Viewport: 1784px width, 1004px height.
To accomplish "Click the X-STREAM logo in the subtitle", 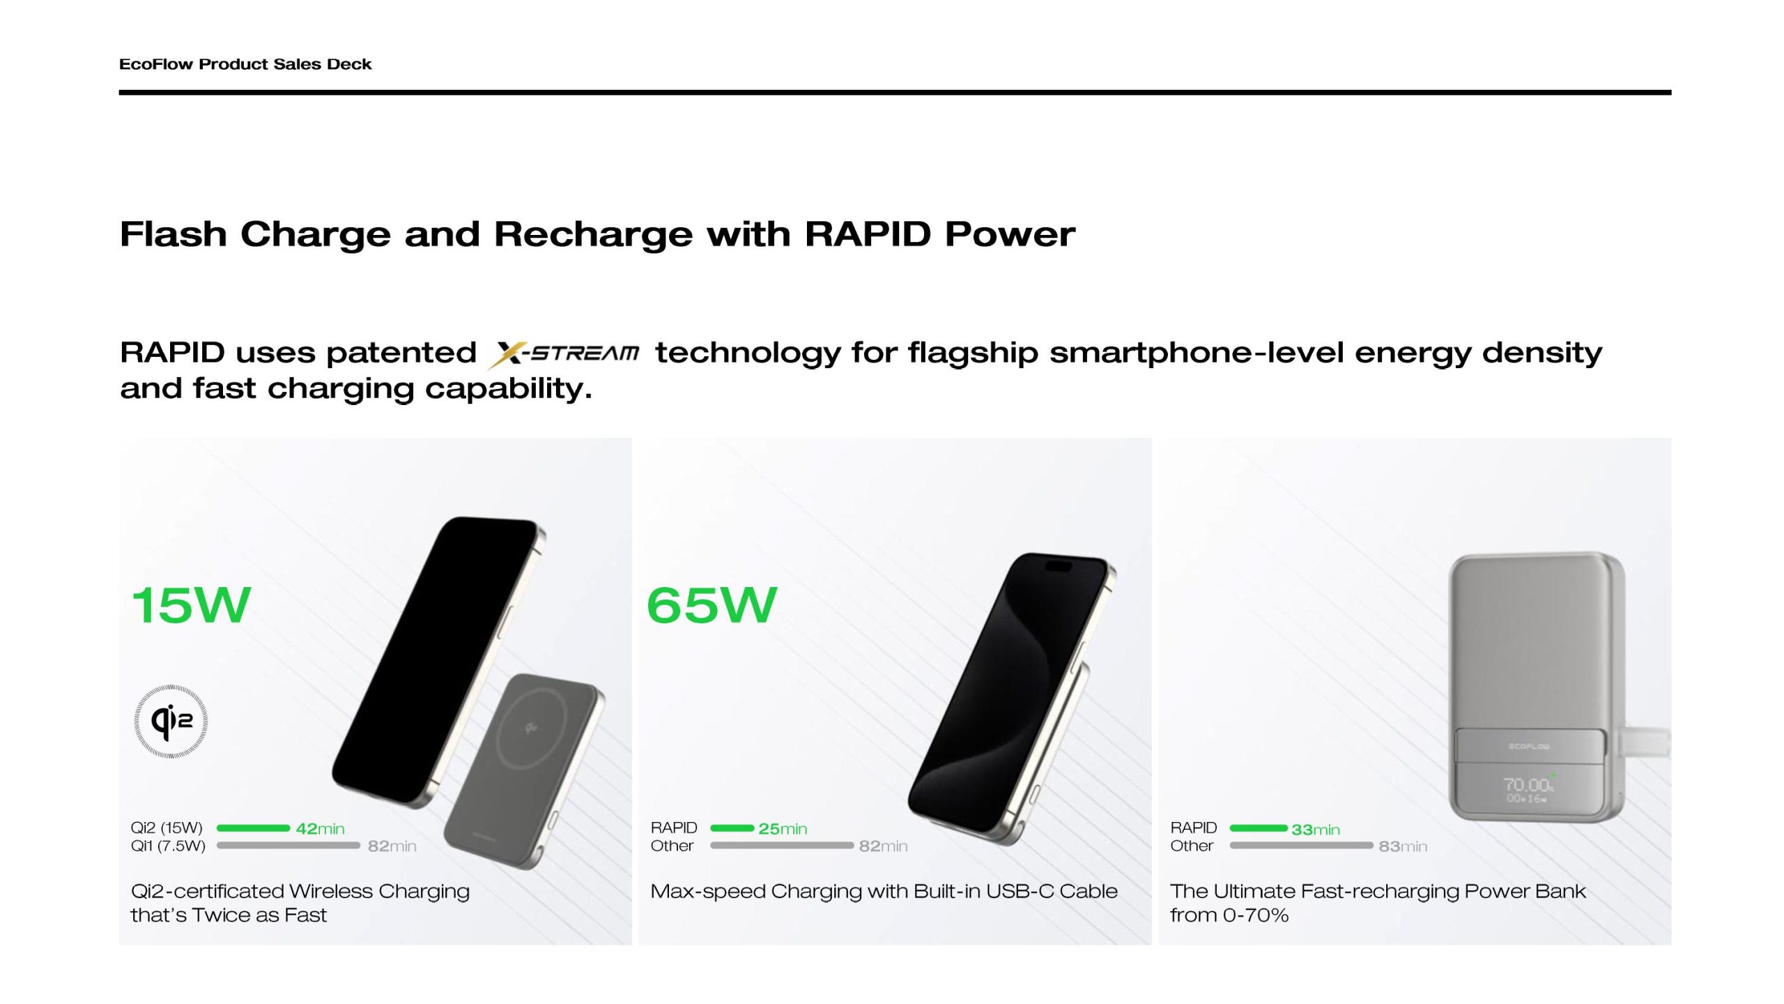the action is tap(563, 354).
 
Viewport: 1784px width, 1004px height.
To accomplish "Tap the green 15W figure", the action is tap(191, 604).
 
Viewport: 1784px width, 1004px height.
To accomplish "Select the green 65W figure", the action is tap(712, 604).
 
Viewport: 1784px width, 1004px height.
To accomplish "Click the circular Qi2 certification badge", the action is tap(171, 721).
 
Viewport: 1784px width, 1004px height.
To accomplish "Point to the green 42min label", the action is tap(321, 828).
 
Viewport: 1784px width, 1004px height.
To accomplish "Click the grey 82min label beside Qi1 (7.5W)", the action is tap(392, 846).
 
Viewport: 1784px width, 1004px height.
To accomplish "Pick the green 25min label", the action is tap(783, 828).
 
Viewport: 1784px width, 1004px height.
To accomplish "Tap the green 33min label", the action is tap(1316, 829).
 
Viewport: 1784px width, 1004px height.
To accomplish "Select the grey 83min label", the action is tap(1403, 846).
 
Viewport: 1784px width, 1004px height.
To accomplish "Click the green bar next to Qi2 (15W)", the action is tap(253, 828).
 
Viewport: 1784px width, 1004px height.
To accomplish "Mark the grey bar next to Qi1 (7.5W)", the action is tap(288, 845).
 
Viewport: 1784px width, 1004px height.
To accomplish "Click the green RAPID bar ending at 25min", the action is tap(732, 828).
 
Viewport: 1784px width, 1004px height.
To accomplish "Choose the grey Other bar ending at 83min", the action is tap(1302, 845).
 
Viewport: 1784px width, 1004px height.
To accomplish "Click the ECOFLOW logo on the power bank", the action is tap(1529, 747).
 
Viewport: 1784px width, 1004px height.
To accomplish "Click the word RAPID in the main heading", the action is tap(868, 234).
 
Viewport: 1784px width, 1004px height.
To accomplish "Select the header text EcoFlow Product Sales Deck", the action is tap(245, 64).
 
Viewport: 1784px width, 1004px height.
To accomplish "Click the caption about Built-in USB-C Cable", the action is tap(884, 891).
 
